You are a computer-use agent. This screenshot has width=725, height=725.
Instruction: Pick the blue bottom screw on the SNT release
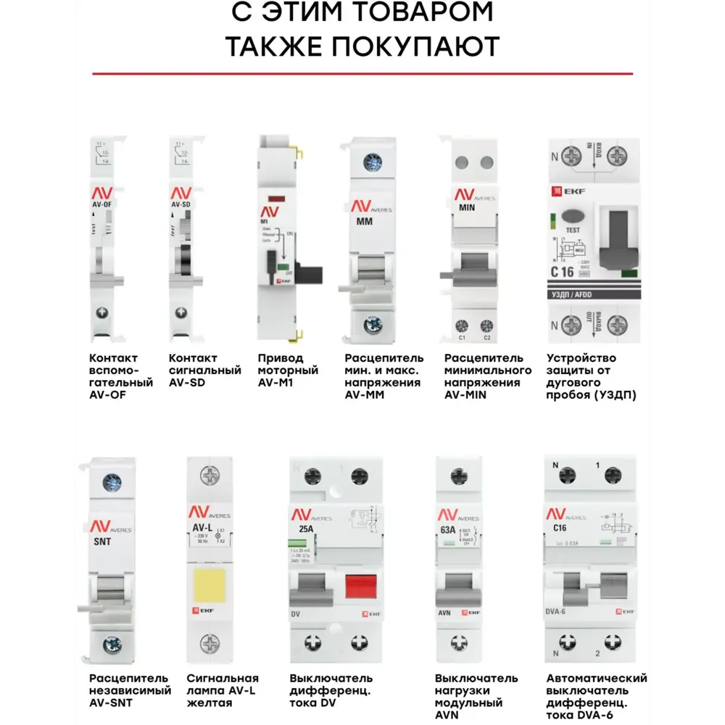click(111, 643)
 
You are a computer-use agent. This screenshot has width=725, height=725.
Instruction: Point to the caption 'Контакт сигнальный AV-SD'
click(204, 370)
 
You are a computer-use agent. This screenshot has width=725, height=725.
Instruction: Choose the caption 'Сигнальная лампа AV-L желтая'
click(223, 690)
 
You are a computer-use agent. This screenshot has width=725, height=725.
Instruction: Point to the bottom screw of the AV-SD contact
click(181, 312)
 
